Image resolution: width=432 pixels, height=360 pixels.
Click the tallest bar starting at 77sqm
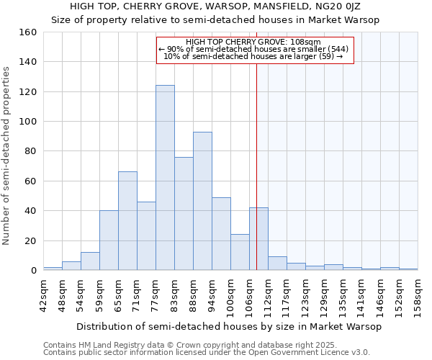[x=165, y=178]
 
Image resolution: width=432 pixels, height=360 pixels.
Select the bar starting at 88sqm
[x=202, y=201]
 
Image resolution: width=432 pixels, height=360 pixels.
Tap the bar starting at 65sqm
[x=127, y=221]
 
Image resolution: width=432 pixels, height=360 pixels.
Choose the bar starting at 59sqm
[x=109, y=240]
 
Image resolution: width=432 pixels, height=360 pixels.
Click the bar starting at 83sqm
[x=184, y=214]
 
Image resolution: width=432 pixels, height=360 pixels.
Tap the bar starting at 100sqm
[x=240, y=252]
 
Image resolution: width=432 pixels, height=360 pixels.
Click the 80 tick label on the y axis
[x=30, y=151]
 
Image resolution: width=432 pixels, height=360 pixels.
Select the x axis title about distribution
[x=228, y=326]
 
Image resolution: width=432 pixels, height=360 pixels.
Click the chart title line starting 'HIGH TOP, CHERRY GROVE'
[x=215, y=6]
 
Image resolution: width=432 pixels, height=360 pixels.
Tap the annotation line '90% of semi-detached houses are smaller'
[x=255, y=49]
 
